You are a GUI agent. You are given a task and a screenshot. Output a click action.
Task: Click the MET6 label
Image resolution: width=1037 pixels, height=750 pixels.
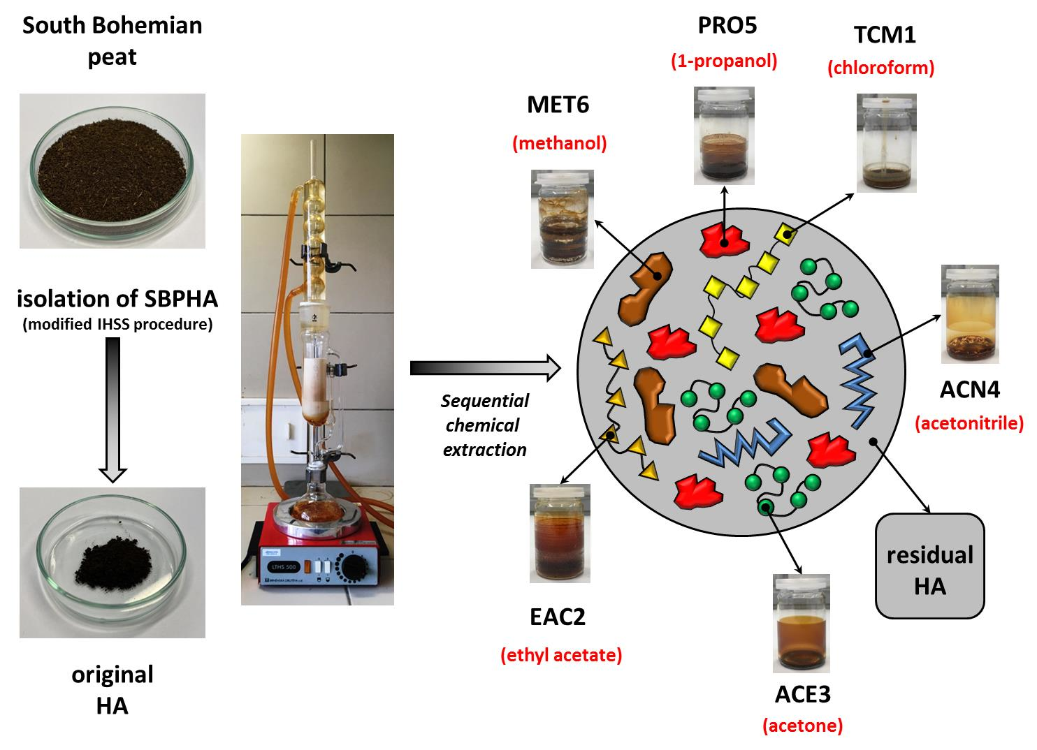pyautogui.click(x=558, y=105)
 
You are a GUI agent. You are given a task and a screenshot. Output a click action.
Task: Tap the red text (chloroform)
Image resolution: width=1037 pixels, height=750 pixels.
pyautogui.click(x=880, y=68)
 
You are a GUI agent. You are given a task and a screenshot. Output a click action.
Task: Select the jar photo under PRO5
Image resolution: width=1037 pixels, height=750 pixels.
pyautogui.click(x=724, y=135)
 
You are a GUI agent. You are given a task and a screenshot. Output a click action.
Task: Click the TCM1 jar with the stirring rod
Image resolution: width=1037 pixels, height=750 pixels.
pyautogui.click(x=886, y=142)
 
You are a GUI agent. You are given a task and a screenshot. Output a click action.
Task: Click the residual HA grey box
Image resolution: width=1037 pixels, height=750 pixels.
pyautogui.click(x=929, y=566)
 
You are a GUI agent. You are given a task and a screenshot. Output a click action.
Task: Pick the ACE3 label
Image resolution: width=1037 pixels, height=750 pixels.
pyautogui.click(x=802, y=695)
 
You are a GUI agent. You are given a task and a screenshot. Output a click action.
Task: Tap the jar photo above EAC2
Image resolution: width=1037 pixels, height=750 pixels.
pyautogui.click(x=560, y=534)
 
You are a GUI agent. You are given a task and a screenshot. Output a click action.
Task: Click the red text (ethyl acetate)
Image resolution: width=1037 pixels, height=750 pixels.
pyautogui.click(x=561, y=656)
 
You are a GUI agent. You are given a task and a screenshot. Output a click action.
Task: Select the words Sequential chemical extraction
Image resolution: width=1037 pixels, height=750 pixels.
pyautogui.click(x=485, y=425)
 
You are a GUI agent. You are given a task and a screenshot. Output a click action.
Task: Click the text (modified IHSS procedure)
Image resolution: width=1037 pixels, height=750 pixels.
pyautogui.click(x=117, y=325)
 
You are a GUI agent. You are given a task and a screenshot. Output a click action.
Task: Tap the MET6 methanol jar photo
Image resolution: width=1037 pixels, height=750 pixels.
pyautogui.click(x=562, y=219)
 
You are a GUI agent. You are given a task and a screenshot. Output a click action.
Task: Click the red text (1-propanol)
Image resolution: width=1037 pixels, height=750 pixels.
pyautogui.click(x=724, y=61)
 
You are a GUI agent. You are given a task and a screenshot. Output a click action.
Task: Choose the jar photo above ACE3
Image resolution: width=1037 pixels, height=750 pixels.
pyautogui.click(x=801, y=624)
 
